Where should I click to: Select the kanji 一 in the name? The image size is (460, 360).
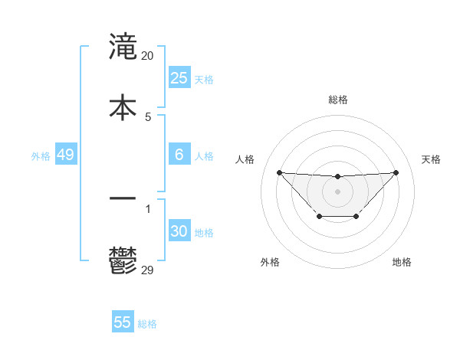click(123, 198)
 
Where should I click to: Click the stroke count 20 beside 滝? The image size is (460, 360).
click(148, 55)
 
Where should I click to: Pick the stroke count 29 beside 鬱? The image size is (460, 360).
click(148, 269)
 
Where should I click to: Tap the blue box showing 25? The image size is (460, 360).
click(179, 78)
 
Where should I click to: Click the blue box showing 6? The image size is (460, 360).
click(179, 155)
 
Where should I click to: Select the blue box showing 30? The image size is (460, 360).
click(179, 232)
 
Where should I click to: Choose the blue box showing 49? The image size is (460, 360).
click(65, 155)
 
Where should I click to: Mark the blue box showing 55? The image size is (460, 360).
click(123, 322)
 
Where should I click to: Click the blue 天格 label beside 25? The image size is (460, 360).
click(204, 80)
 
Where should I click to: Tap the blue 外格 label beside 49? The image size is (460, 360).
click(41, 156)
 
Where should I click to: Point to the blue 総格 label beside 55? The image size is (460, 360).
click(147, 324)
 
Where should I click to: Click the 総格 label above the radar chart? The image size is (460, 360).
click(337, 100)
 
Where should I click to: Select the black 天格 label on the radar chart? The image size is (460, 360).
click(431, 159)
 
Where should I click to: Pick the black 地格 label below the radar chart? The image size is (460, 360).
click(402, 262)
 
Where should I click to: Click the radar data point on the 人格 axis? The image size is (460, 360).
click(279, 172)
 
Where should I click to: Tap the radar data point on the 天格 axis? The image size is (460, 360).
click(396, 172)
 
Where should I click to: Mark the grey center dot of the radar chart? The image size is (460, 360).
click(337, 191)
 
